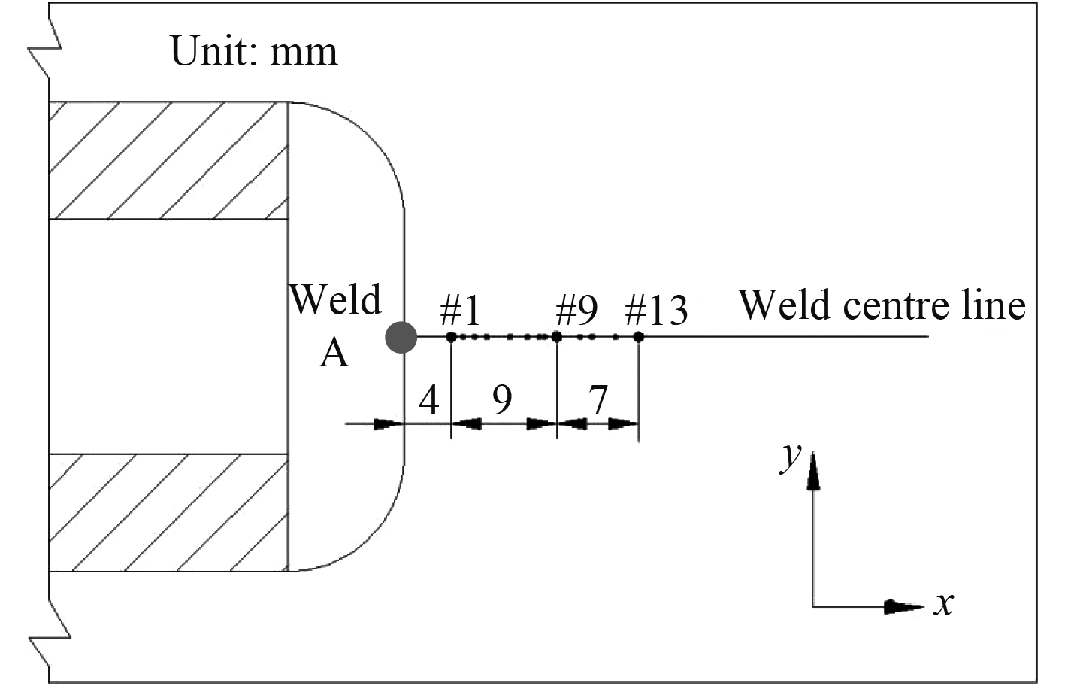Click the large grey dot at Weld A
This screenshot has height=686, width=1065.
click(401, 337)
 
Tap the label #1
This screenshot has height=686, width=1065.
click(460, 309)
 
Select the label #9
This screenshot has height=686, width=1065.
click(576, 309)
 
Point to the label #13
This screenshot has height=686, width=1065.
click(656, 309)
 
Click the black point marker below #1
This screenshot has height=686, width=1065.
click(451, 337)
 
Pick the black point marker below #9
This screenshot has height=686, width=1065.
click(557, 337)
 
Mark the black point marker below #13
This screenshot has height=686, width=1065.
click(638, 337)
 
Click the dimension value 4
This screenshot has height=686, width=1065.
click(428, 400)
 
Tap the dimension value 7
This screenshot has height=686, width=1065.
click(598, 399)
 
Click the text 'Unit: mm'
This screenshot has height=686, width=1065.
click(254, 51)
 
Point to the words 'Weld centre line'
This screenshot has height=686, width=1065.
click(882, 305)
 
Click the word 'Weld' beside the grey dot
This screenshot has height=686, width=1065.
click(335, 299)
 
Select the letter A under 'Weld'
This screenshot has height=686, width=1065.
click(334, 352)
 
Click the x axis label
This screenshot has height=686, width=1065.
click(944, 603)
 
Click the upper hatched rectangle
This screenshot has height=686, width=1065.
click(168, 160)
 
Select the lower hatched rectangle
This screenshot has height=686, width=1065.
click(168, 512)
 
